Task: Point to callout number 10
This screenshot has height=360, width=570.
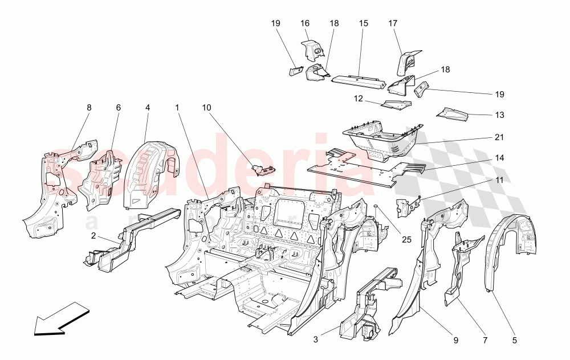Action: click(x=206, y=107)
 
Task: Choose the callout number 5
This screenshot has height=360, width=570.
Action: click(x=514, y=341)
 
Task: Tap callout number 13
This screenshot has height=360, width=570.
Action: click(x=499, y=115)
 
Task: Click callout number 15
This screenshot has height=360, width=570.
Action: click(x=363, y=23)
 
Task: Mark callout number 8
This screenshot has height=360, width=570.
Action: click(x=88, y=107)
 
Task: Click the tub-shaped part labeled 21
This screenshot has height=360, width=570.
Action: click(x=382, y=140)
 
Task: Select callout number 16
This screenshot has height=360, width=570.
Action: click(x=305, y=23)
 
